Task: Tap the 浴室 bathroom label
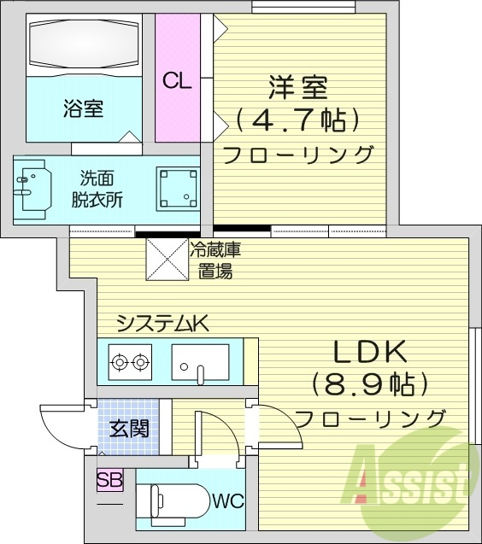pos(83,108)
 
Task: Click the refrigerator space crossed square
pos(166,258)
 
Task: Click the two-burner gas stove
pos(130,363)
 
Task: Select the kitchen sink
pos(199,362)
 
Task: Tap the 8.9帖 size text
pos(369,383)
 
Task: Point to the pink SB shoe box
pos(109,480)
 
